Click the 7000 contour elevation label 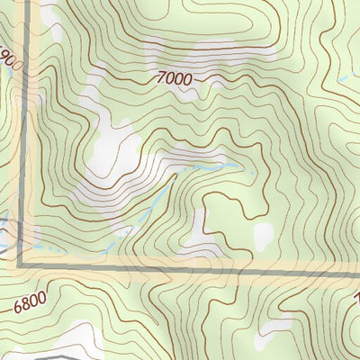coord(174,80)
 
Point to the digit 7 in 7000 coord(159,79)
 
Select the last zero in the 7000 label coord(186,81)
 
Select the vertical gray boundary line coord(21,135)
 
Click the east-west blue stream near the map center coord(211,166)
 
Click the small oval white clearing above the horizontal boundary coord(262,237)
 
